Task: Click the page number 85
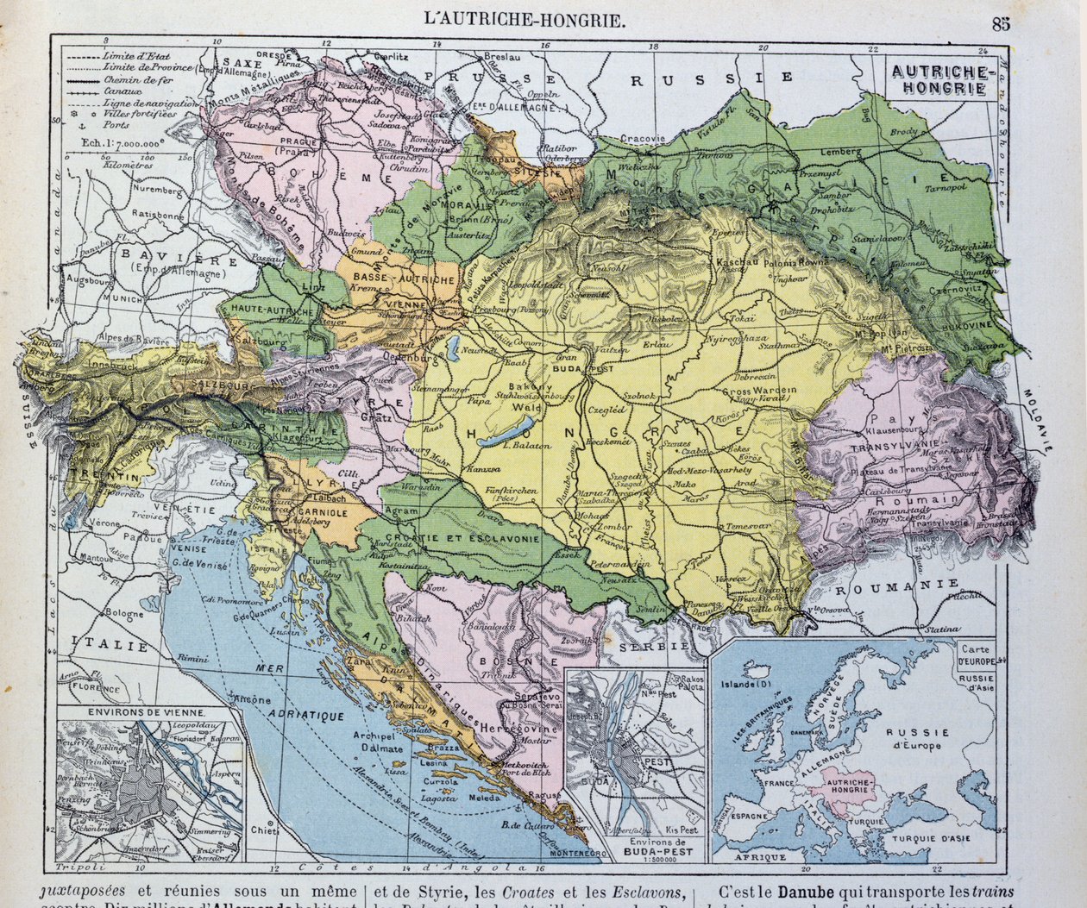(1000, 23)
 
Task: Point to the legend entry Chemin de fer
(135, 78)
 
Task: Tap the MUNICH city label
(123, 297)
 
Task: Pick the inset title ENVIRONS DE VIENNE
(146, 712)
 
